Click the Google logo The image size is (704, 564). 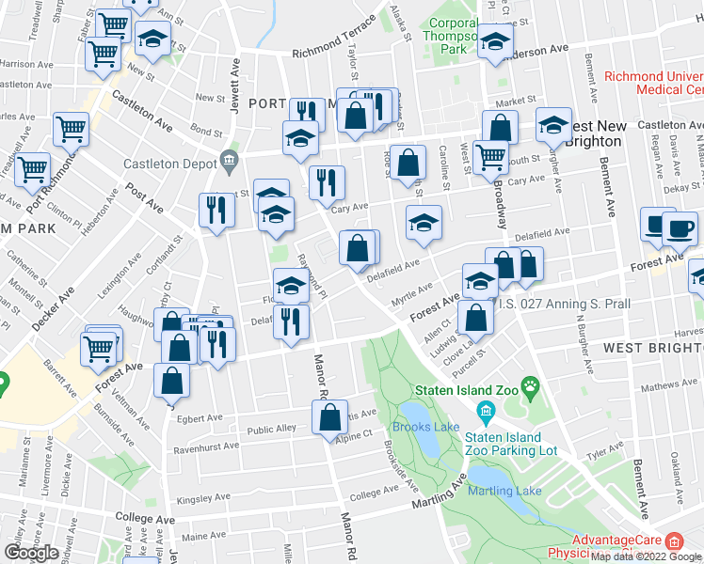click(31, 553)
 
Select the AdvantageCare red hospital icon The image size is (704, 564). click(673, 542)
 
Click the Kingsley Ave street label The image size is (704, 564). click(202, 499)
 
